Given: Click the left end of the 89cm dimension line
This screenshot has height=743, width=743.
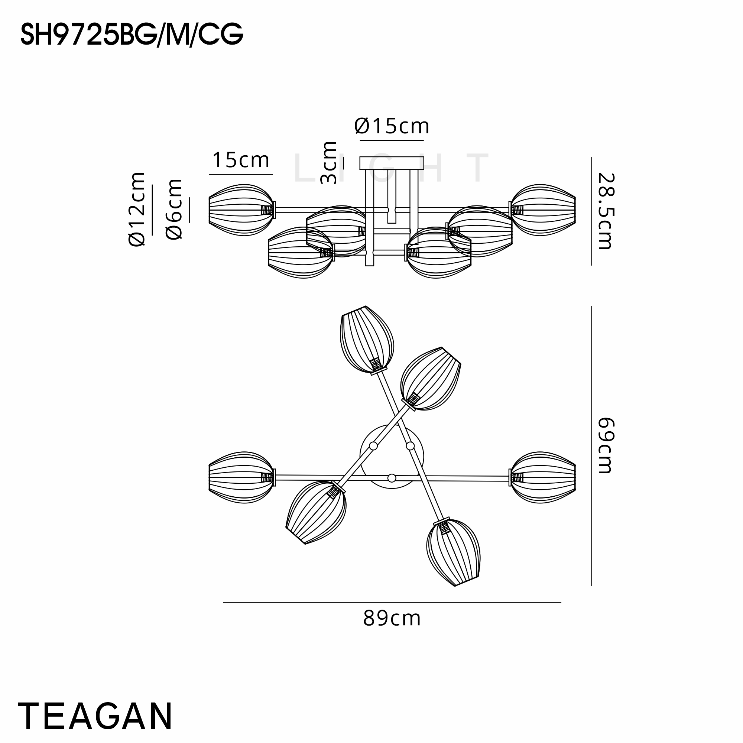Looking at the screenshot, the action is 223,603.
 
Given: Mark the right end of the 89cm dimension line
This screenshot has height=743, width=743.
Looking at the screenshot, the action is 561,603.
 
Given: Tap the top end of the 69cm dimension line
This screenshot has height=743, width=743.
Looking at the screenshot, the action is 591,306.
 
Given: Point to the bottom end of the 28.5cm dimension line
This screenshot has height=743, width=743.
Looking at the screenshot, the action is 591,265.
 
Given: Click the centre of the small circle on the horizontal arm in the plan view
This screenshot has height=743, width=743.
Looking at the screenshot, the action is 392,478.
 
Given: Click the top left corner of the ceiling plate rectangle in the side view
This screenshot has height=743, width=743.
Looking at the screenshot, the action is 360,157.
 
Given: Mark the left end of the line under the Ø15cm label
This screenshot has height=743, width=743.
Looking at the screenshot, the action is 360,140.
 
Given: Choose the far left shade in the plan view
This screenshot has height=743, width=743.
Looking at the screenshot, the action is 241,478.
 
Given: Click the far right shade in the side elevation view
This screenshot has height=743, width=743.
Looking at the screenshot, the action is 542,210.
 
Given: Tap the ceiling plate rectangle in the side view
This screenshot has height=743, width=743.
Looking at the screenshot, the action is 392,163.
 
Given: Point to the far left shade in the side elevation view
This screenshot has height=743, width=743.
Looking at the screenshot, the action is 241,210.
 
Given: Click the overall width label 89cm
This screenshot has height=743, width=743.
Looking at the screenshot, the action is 392,619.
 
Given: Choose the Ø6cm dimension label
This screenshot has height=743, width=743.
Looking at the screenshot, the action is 174,210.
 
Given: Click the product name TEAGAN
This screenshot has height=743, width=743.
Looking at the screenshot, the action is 95,716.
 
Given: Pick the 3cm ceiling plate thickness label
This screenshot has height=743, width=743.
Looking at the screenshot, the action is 329,163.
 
